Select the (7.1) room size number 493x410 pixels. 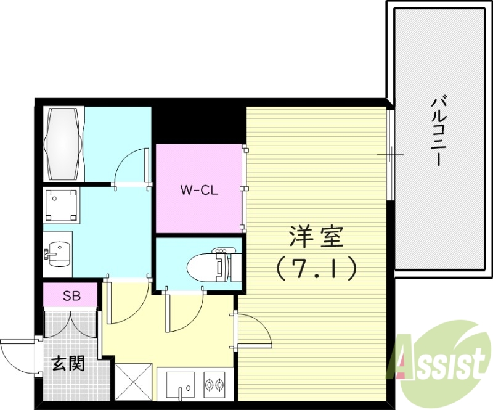pyautogui.click(x=315, y=268)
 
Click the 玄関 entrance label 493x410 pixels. pyautogui.click(x=68, y=364)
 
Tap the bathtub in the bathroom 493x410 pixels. pyautogui.click(x=63, y=142)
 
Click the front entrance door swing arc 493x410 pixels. pyautogui.click(x=15, y=355)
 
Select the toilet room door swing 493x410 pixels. pyautogui.click(x=182, y=314)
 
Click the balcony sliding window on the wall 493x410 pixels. pyautogui.click(x=390, y=154)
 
